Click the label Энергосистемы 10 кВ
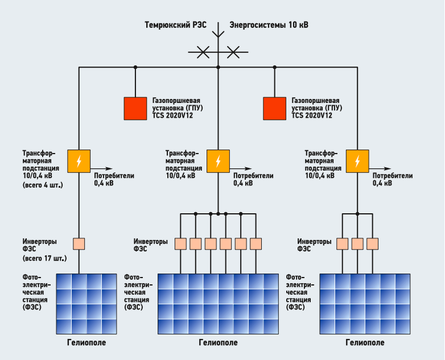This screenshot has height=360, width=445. tap(268, 25)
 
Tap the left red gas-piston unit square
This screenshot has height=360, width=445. tap(135, 108)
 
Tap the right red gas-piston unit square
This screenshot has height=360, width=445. tap(274, 108)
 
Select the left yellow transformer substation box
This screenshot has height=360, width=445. tap(79, 161)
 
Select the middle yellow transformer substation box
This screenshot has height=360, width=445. tap(218, 161)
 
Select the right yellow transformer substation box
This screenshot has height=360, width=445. tap(357, 161)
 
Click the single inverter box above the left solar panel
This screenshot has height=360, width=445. tap(79, 243)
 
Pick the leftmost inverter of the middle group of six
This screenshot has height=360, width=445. tap(180, 243)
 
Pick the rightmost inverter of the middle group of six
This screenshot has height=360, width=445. tap(256, 243)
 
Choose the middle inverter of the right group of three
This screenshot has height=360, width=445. tap(357, 243)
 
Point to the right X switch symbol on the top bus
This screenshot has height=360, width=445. tap(233, 53)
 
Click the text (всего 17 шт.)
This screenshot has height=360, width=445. tap(44, 258)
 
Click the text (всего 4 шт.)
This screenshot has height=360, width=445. tap(43, 185)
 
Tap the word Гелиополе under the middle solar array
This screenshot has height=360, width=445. tap(218, 343)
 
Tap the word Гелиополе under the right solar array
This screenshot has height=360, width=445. tap(365, 343)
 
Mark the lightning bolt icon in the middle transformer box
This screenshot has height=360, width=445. tap(218, 161)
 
